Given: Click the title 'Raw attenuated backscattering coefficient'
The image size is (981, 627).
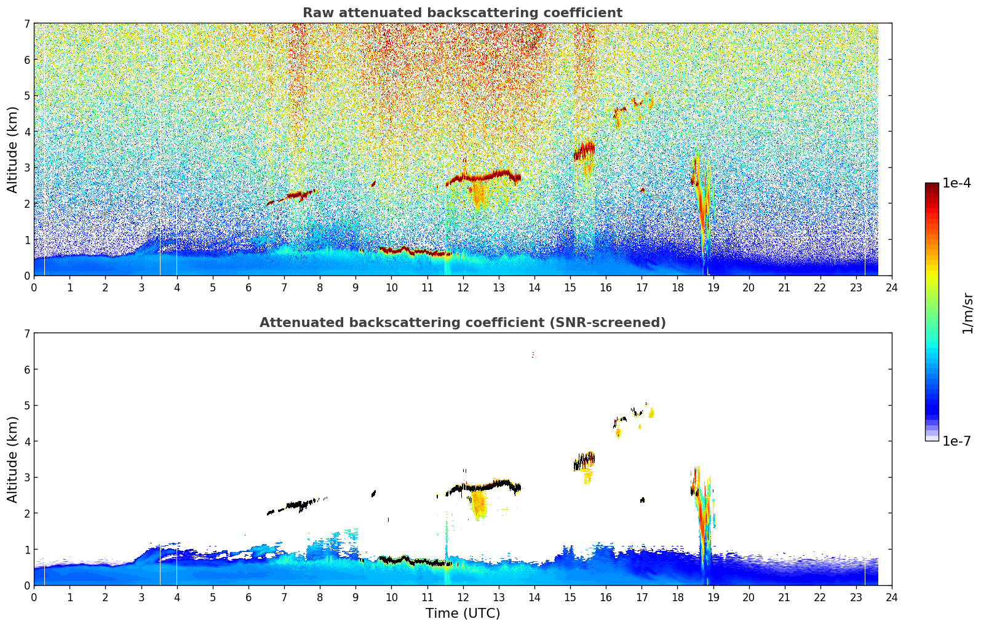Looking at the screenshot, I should coord(462,13).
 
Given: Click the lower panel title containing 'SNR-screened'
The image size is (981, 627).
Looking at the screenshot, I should coord(462,323).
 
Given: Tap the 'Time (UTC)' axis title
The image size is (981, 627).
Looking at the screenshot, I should coord(463,613).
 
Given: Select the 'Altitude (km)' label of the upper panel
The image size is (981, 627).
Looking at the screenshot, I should coord(13,149).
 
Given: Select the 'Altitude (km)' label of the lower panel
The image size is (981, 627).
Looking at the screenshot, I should coord(13,459).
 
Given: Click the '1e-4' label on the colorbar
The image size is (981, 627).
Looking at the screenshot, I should coord(956,183).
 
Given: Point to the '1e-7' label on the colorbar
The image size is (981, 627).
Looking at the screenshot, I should coord(956,441).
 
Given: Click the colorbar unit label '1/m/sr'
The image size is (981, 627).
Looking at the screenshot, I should coord(967,313).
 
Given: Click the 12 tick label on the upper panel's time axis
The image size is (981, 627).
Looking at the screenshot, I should coord(463,288).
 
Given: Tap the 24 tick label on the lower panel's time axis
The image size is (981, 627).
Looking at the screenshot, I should coord(891,597).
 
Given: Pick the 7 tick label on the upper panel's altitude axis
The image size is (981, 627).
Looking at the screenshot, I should coord(27,24).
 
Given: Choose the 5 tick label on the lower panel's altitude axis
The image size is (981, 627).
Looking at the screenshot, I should coord(27,406).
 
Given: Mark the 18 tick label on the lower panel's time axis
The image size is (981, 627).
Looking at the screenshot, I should coord(677,597).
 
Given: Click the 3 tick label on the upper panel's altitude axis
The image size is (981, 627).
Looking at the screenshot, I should coord(27,168).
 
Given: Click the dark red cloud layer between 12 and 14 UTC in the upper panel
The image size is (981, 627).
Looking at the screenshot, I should coord(486,176).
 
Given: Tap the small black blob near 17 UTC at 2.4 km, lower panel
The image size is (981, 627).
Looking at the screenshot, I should coord(642,500).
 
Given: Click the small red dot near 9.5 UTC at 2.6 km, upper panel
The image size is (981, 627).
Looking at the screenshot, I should coord(373,183).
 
